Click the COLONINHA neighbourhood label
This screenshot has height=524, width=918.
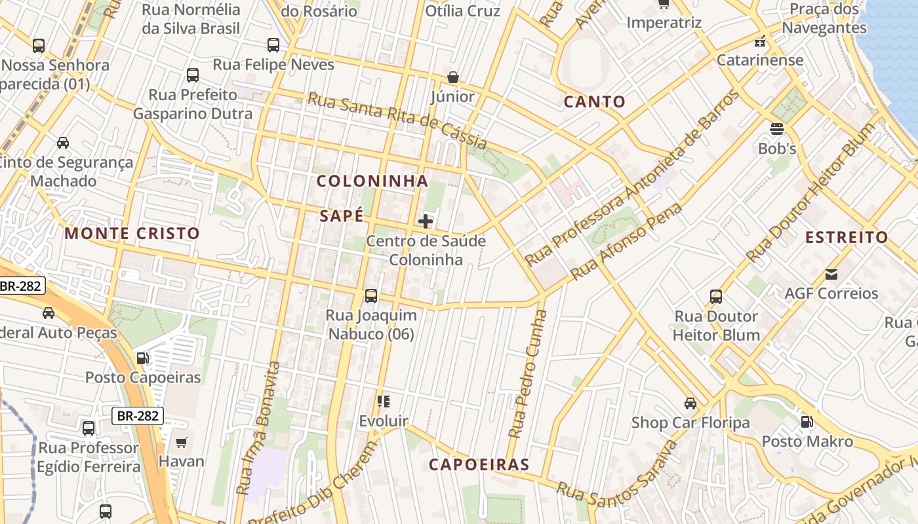pyautogui.click(x=372, y=181)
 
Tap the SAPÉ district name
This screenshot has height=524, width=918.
pyautogui.click(x=341, y=216)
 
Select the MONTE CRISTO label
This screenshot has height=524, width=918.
pyautogui.click(x=132, y=233)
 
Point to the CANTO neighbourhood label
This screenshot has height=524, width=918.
pyautogui.click(x=595, y=102)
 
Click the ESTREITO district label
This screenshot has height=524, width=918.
pyautogui.click(x=847, y=237)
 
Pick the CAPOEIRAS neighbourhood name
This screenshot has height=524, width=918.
pyautogui.click(x=479, y=465)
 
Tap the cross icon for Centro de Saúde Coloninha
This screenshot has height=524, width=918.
pyautogui.click(x=426, y=221)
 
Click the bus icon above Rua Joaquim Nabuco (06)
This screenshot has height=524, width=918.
pyautogui.click(x=371, y=296)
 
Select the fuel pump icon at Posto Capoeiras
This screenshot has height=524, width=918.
pyautogui.click(x=142, y=358)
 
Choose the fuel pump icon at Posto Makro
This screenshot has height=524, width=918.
pyautogui.click(x=807, y=422)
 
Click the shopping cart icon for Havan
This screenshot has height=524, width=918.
pyautogui.click(x=182, y=442)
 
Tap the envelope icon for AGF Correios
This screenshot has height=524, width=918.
pyautogui.click(x=831, y=274)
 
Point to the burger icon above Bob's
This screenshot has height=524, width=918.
pyautogui.click(x=777, y=128)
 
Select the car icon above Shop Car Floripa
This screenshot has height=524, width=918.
pyautogui.click(x=690, y=403)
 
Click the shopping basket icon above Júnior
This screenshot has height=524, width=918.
pyautogui.click(x=452, y=78)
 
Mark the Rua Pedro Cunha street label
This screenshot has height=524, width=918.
pyautogui.click(x=527, y=373)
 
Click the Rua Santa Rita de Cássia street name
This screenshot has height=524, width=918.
pyautogui.click(x=397, y=121)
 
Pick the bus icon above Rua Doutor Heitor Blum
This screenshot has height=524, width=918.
pyautogui.click(x=716, y=297)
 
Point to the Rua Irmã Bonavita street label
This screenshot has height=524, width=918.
pyautogui.click(x=261, y=429)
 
